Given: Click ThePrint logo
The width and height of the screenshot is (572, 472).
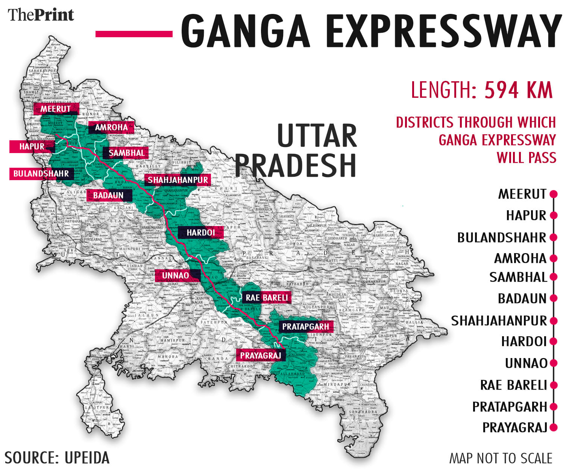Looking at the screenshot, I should [x=41, y=15].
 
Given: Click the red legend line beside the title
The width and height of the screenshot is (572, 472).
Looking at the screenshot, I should [x=134, y=34].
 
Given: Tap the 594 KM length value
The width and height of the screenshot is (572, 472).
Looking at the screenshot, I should [x=518, y=90].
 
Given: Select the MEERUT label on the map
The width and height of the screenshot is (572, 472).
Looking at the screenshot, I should [x=56, y=109].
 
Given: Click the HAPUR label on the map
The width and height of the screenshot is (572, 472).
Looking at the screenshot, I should [x=32, y=147].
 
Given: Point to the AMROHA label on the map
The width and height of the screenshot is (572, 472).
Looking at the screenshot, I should [x=111, y=127].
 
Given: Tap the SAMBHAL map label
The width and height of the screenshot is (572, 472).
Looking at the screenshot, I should [x=126, y=153].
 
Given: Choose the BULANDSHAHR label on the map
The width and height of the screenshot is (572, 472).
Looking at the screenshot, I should [x=41, y=174].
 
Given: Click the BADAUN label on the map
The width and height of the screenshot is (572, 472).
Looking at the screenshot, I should [x=109, y=196].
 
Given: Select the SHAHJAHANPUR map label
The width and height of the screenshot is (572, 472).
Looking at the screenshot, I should [x=178, y=180].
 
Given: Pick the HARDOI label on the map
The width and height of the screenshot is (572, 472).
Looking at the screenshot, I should [x=201, y=233].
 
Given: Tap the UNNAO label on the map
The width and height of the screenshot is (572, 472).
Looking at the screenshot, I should [x=176, y=276].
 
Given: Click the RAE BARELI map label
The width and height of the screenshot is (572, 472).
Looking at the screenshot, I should [x=267, y=298].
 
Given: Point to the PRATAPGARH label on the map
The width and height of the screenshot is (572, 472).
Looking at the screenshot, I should [x=305, y=327].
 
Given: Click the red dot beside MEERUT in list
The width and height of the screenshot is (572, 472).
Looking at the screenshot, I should [x=553, y=194].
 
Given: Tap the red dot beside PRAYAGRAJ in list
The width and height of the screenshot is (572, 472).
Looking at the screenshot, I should [x=553, y=428].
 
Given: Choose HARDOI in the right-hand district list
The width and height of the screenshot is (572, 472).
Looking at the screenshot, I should [x=523, y=341].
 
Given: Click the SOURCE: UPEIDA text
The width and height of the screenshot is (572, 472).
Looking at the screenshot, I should [x=57, y=458].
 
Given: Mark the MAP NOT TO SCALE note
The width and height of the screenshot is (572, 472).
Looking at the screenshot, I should [x=501, y=458].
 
